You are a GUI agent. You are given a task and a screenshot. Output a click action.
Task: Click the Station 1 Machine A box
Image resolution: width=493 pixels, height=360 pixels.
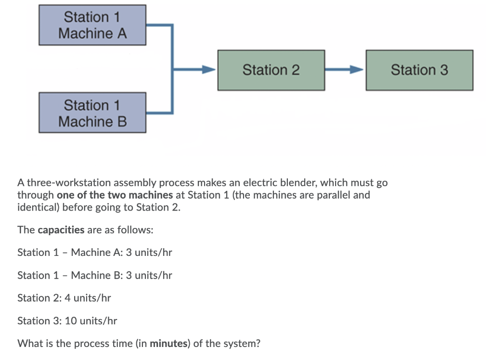[92, 25]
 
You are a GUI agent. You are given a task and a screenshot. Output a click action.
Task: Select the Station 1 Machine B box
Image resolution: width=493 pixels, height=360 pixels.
[92, 113]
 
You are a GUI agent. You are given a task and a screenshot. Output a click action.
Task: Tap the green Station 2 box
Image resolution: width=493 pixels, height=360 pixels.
[271, 70]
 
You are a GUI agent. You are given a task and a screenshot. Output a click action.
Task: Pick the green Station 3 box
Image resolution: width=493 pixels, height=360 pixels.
[419, 70]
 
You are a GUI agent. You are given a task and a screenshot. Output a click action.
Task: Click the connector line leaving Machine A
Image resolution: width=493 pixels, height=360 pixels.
[159, 25]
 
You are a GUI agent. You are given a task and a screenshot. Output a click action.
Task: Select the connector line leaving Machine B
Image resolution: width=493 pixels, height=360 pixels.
[159, 113]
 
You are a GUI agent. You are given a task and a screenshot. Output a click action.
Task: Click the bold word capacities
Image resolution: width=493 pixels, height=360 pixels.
[61, 230]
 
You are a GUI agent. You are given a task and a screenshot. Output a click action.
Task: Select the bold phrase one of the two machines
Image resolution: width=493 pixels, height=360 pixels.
[115, 195]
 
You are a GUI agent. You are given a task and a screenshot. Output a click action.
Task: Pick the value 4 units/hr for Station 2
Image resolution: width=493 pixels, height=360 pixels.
[88, 298]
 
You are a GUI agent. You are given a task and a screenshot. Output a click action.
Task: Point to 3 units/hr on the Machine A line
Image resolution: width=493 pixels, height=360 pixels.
[149, 253]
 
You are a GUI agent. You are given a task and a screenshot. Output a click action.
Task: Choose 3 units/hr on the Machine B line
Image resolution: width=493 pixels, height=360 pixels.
[149, 276]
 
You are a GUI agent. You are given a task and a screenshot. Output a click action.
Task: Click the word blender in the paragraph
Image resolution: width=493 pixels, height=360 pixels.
[295, 183]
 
